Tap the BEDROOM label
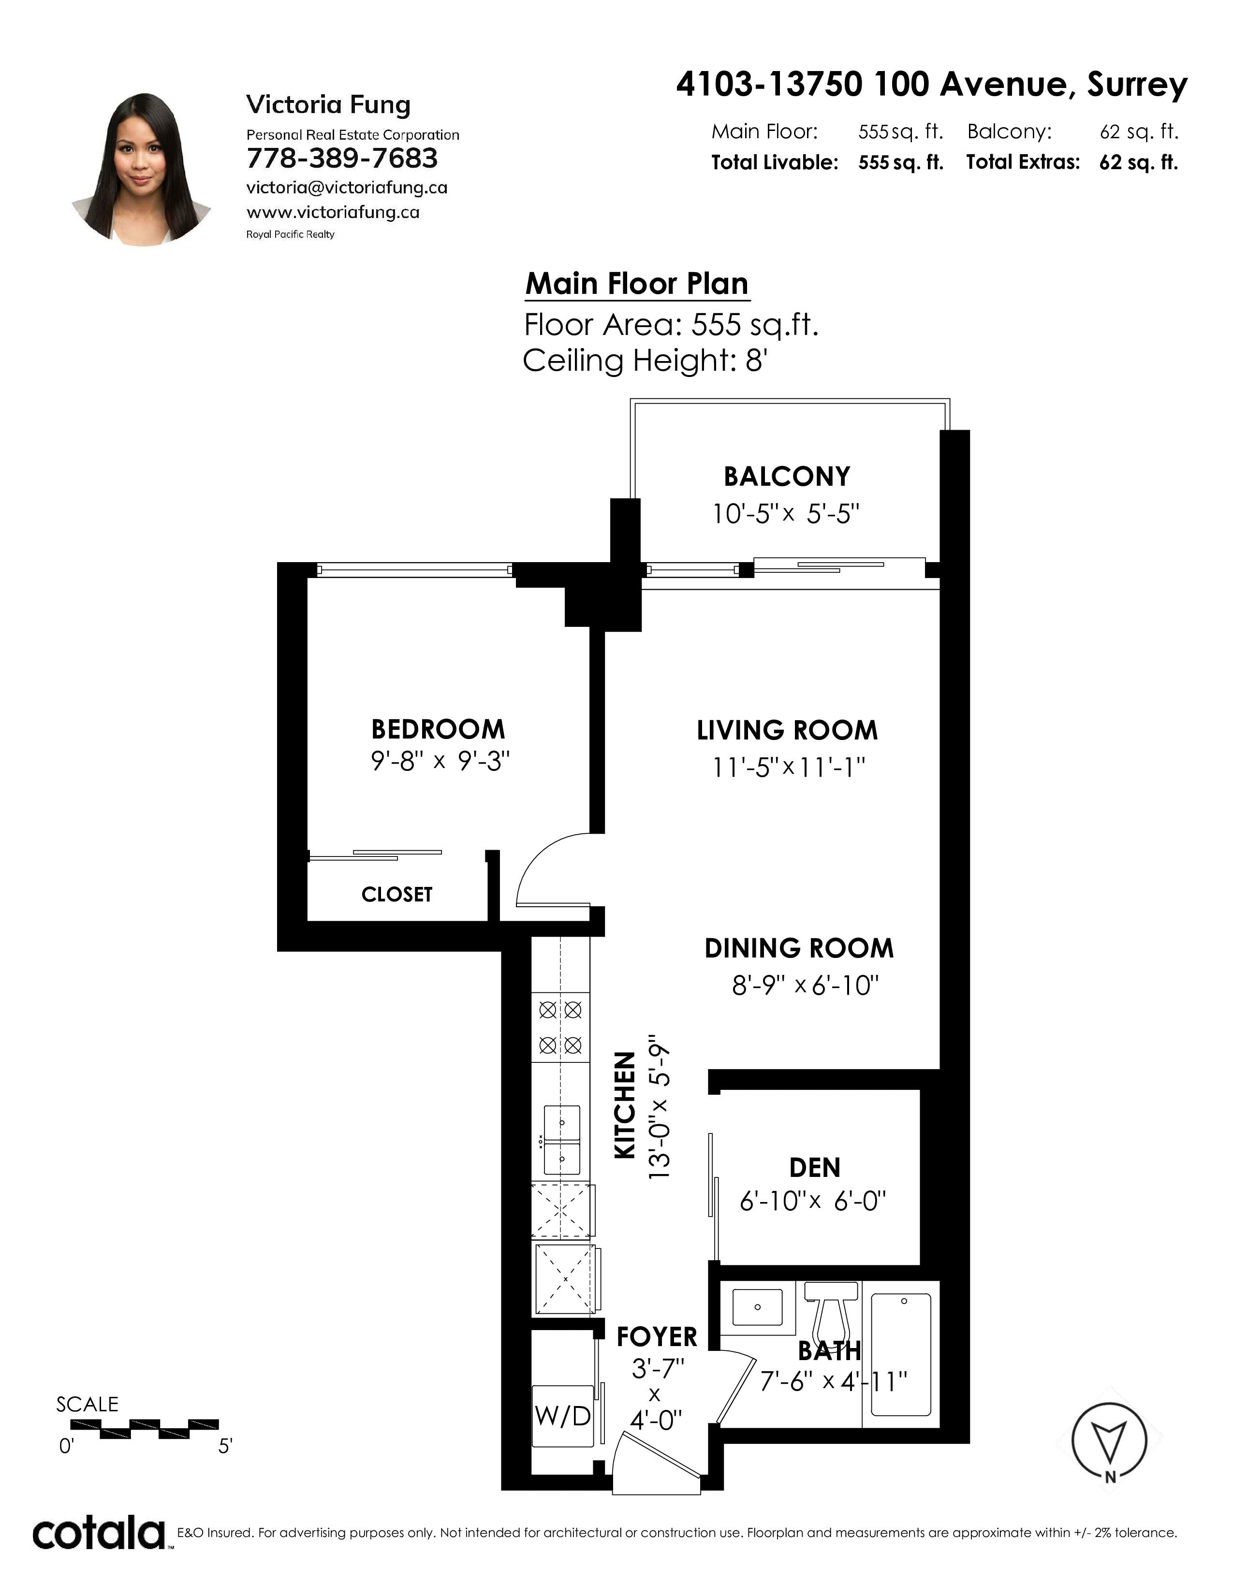(x=438, y=729)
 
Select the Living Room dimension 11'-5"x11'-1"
(x=788, y=768)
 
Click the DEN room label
(x=814, y=1168)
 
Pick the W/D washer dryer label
(x=562, y=1417)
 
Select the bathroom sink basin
(x=758, y=1307)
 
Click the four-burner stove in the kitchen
(x=560, y=1028)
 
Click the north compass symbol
(x=1109, y=1440)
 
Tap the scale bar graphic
(x=145, y=1429)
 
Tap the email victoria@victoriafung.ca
(x=347, y=188)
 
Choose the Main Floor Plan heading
(x=637, y=283)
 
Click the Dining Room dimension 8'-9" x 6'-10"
(x=805, y=986)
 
